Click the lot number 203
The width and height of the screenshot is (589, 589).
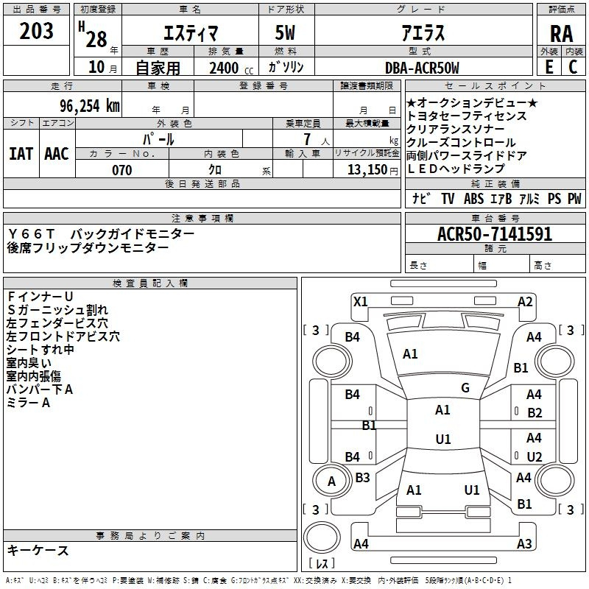click(37, 31)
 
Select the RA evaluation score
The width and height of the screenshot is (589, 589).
click(561, 33)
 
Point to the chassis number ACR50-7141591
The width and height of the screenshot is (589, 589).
click(495, 234)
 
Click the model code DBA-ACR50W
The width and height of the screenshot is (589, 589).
click(422, 68)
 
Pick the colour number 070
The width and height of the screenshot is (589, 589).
click(122, 170)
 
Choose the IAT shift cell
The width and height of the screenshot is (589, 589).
click(21, 153)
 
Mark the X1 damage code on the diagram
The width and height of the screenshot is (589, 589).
click(361, 301)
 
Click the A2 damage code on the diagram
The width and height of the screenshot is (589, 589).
click(525, 301)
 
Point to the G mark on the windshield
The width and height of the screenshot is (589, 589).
click(465, 388)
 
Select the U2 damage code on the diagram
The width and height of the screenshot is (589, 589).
click(535, 456)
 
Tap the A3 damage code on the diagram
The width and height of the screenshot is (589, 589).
click(524, 544)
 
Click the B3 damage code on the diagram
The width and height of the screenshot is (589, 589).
click(362, 478)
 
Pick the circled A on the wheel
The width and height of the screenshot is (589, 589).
click(331, 482)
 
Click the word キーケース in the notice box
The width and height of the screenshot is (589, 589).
click(38, 550)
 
